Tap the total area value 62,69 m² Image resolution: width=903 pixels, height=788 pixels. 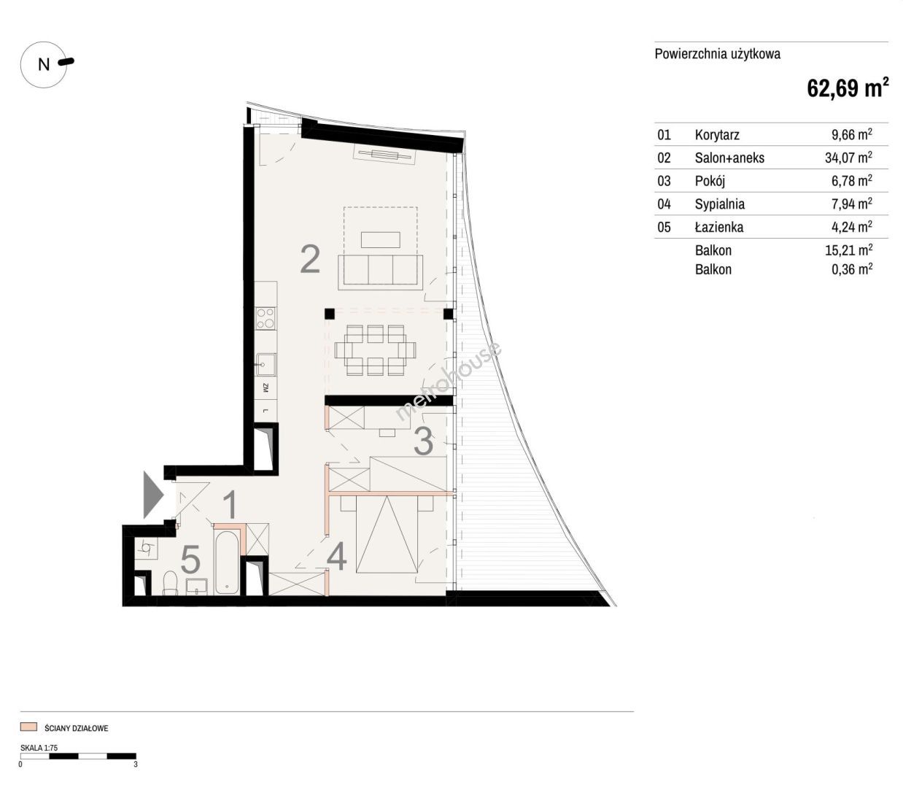coord(848,88)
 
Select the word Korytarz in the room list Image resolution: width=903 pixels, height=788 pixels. coord(717,135)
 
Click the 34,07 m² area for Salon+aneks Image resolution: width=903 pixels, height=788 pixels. coord(848,157)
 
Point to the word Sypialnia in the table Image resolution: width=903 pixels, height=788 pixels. coord(719,204)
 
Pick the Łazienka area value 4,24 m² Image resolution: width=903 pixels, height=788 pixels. coord(851,226)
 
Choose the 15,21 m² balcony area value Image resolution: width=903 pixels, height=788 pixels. coord(848,250)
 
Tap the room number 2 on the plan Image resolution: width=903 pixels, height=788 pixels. coord(310,260)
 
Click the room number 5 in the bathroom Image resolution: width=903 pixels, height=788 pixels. coord(190,560)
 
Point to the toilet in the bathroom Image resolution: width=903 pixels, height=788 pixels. coord(170,583)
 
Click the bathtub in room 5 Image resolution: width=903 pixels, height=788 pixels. coord(228,562)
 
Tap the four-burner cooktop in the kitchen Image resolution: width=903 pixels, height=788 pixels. coord(266,318)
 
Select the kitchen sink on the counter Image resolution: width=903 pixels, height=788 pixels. coord(266,365)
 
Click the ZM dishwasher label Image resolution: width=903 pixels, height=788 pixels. coord(266,388)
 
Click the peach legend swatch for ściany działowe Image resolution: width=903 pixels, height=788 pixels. coord(28,727)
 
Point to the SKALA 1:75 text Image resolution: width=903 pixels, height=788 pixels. coord(39,748)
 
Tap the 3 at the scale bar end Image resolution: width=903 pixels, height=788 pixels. coord(136,764)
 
